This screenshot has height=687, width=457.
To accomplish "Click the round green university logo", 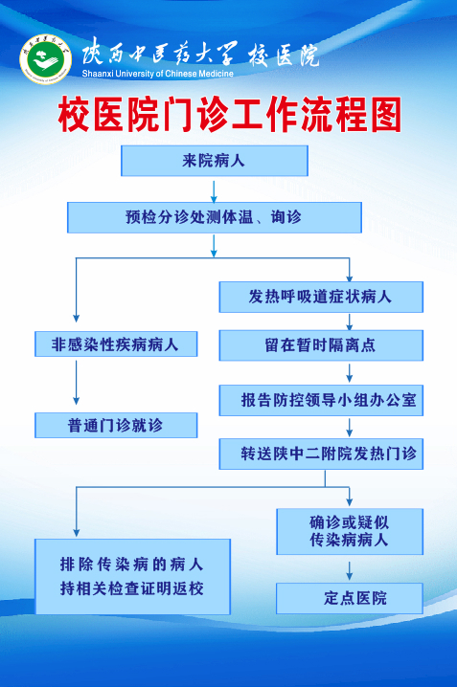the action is tap(46, 59).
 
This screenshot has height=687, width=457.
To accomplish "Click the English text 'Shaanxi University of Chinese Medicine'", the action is tap(157, 74).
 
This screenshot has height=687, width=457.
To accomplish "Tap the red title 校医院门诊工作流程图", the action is tap(230, 115).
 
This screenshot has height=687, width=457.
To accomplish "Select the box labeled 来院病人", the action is tap(215, 161).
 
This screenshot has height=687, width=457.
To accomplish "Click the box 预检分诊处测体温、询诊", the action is tap(215, 217).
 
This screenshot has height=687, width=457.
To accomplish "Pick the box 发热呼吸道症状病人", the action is tap(321, 297).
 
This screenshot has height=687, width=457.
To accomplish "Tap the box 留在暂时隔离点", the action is tap(321, 345).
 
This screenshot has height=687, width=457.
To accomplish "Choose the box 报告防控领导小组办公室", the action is tap(321, 400).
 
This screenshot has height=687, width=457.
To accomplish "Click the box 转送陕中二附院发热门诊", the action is tap(321, 454).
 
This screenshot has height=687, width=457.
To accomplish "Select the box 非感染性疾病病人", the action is tap(116, 343).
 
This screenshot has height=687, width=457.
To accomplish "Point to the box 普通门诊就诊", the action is tap(116, 425).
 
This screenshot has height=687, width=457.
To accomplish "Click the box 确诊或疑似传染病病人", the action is tap(350, 531).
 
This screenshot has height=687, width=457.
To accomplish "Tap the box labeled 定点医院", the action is tap(350, 598).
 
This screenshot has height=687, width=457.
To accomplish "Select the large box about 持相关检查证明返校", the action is tap(132, 577).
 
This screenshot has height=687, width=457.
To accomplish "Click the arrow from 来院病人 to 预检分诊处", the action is tap(214, 191).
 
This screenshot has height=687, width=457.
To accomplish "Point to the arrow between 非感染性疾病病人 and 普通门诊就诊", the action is tap(77, 383).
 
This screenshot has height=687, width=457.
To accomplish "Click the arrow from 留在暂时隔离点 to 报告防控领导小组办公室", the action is tap(349, 373).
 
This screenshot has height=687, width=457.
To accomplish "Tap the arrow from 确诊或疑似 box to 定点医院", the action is tap(349, 570).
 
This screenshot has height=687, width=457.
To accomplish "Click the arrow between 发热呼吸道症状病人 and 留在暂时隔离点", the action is tap(349, 322).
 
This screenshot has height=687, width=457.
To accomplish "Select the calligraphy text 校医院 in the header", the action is tap(284, 55).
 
